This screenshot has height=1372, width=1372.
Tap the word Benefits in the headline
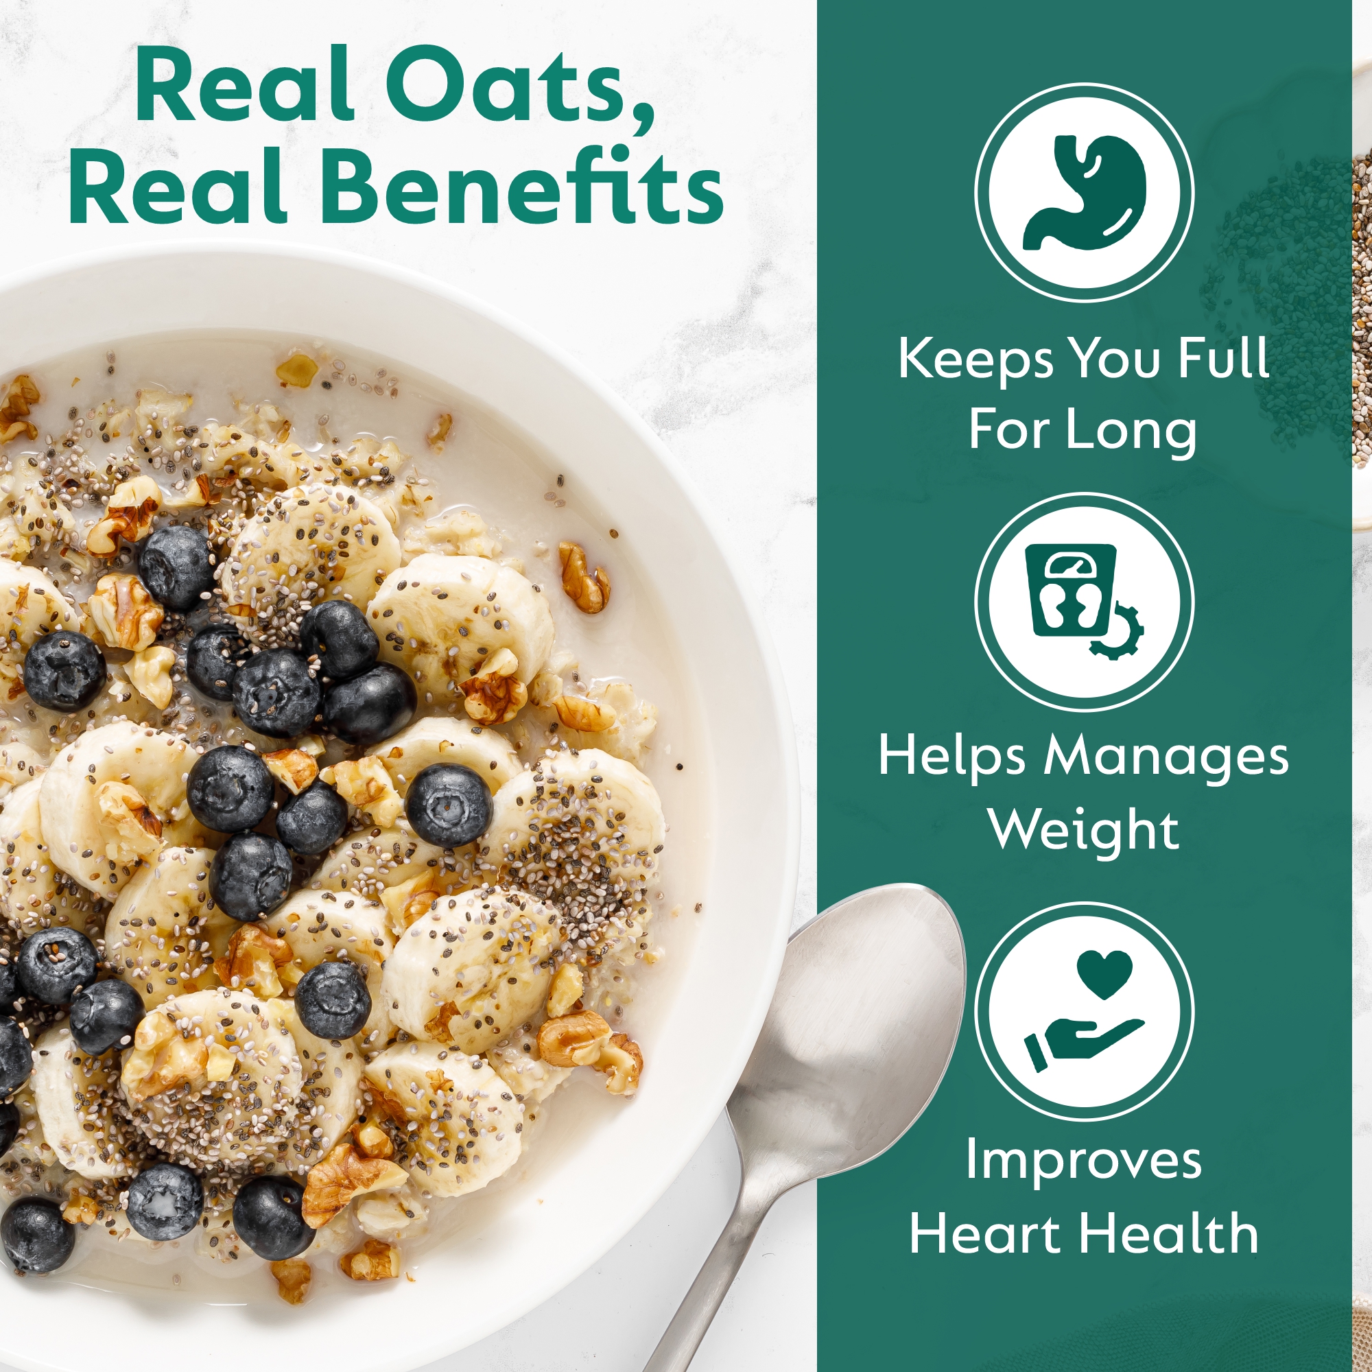point(524,187)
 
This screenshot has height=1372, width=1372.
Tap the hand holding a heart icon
point(1085,1010)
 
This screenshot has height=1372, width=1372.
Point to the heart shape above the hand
point(1104,973)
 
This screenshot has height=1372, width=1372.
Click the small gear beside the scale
point(1117,632)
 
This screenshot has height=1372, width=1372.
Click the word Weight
point(1085,830)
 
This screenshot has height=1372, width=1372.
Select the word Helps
point(951,756)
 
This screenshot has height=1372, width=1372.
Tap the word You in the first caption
point(1115,359)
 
